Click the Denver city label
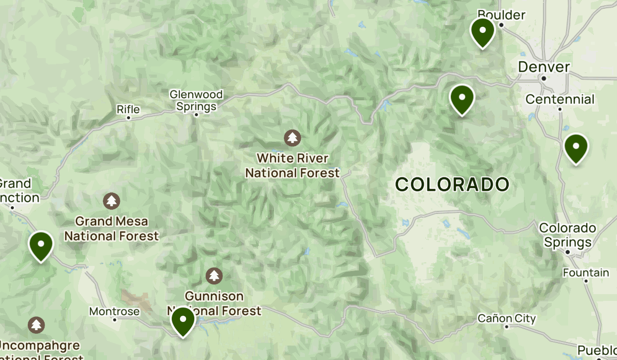tap(543, 67)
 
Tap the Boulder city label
tap(501, 14)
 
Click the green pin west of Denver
tap(462, 98)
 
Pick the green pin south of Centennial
tap(576, 148)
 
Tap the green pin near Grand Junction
tap(41, 246)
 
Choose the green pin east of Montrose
tap(183, 320)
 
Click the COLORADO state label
tap(452, 184)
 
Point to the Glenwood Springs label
tap(196, 100)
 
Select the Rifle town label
tap(128, 109)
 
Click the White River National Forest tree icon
tap(293, 138)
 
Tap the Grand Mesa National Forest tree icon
tap(112, 201)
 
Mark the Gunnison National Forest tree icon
tap(214, 276)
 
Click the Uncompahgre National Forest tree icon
tap(36, 325)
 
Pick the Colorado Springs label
tap(567, 235)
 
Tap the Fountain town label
tap(586, 272)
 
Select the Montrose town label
tap(114, 312)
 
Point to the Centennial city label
tap(560, 99)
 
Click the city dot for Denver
tap(543, 78)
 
